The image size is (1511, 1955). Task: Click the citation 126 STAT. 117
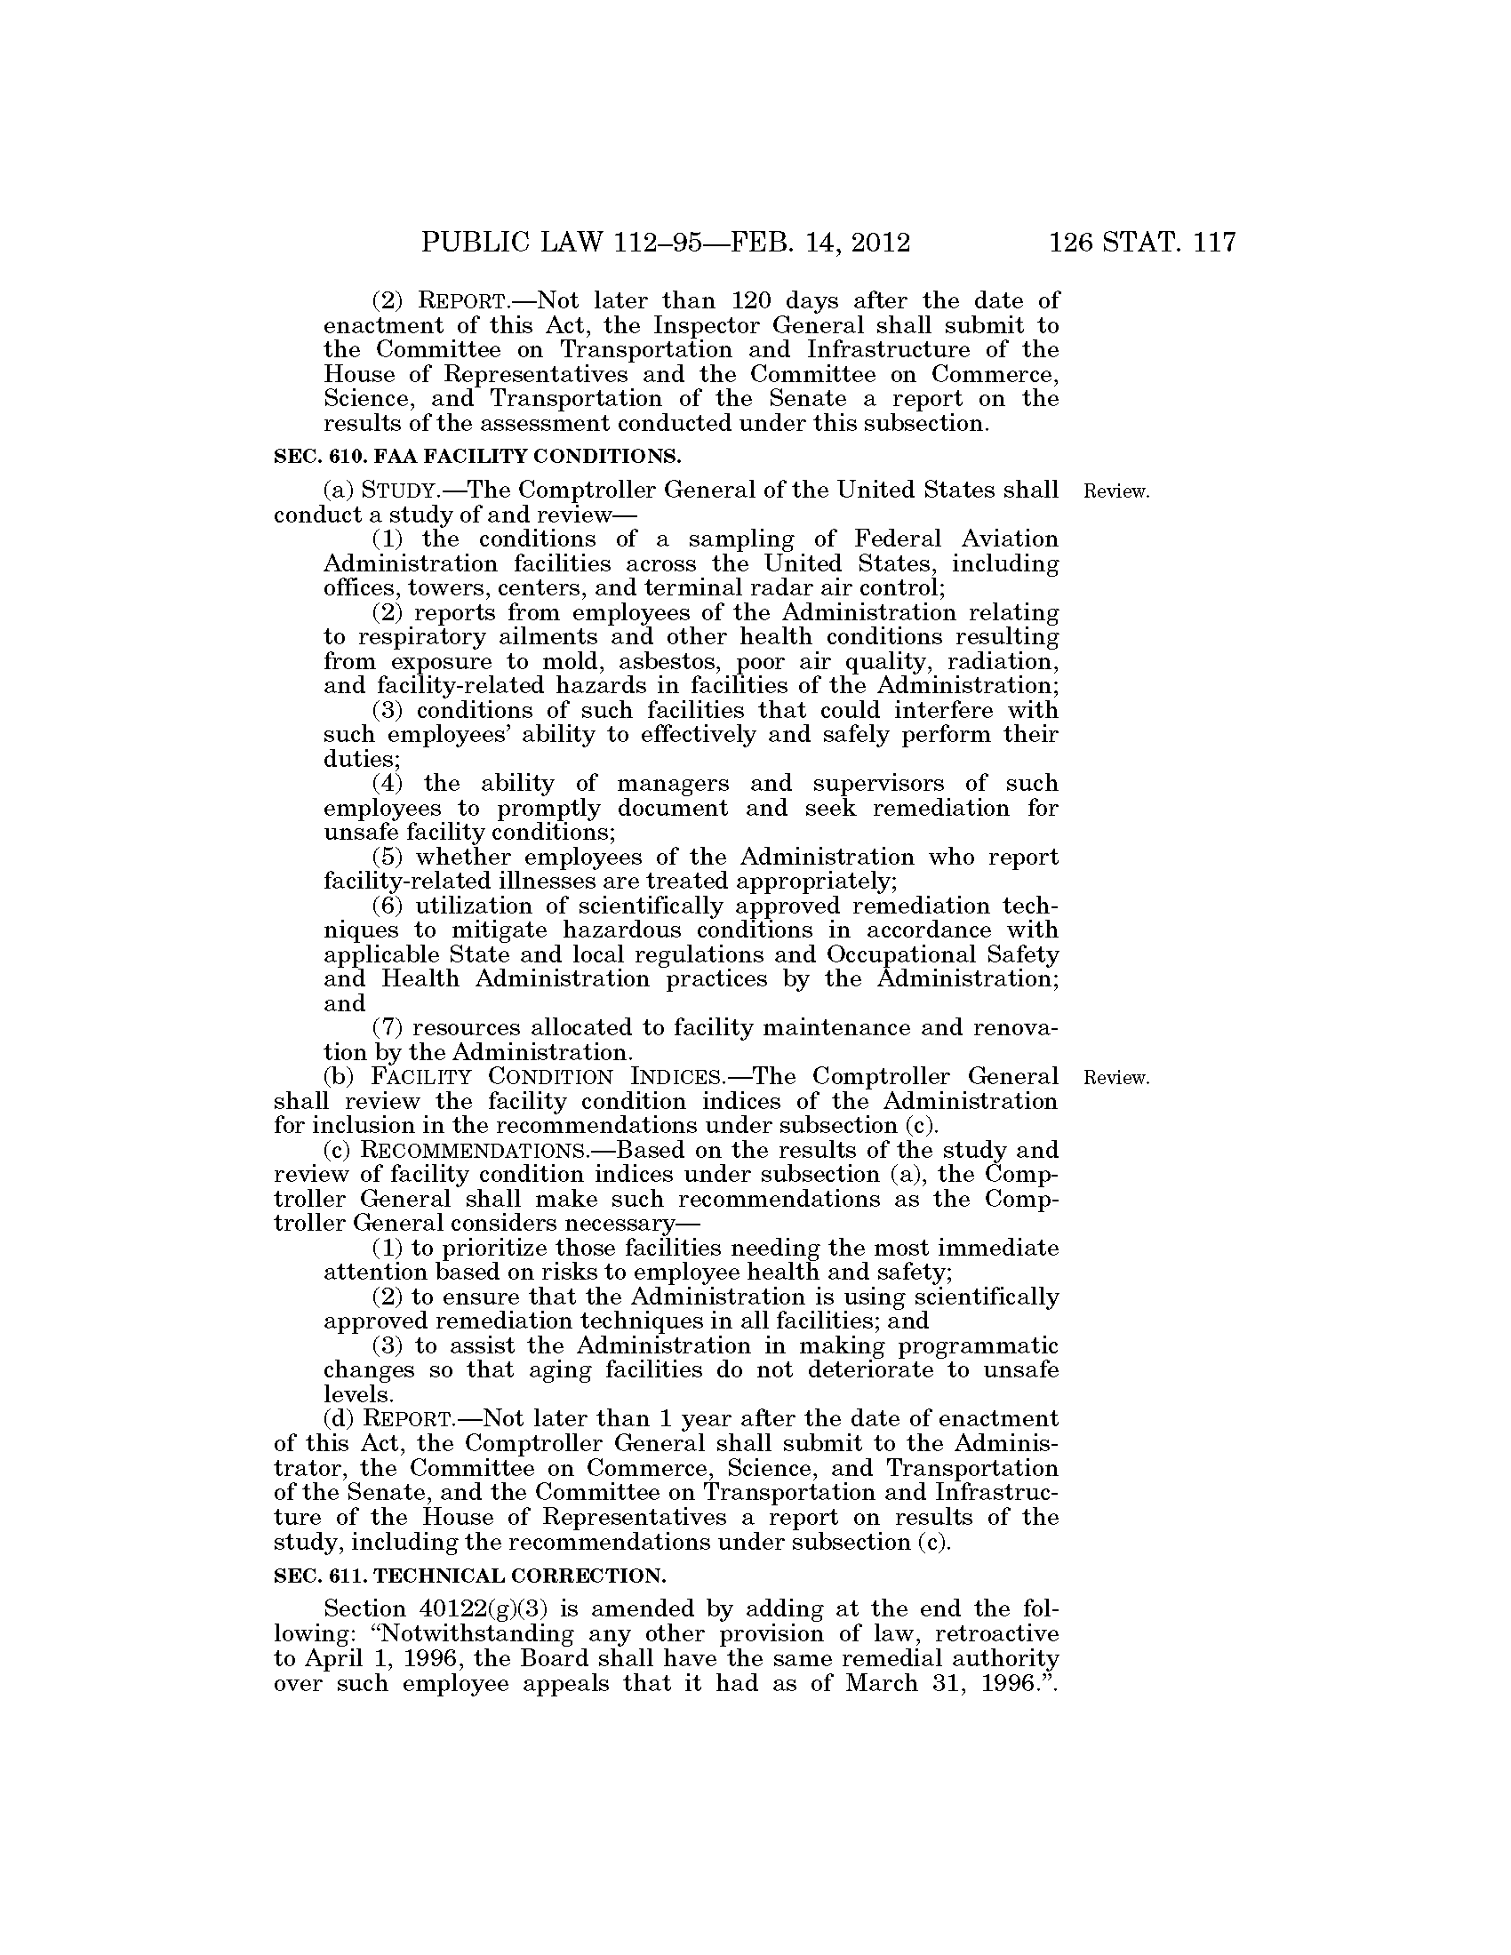tap(1142, 243)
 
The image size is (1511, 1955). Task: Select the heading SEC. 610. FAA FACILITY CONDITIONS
tap(477, 456)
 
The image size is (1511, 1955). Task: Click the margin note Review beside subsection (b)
tap(1115, 1078)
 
